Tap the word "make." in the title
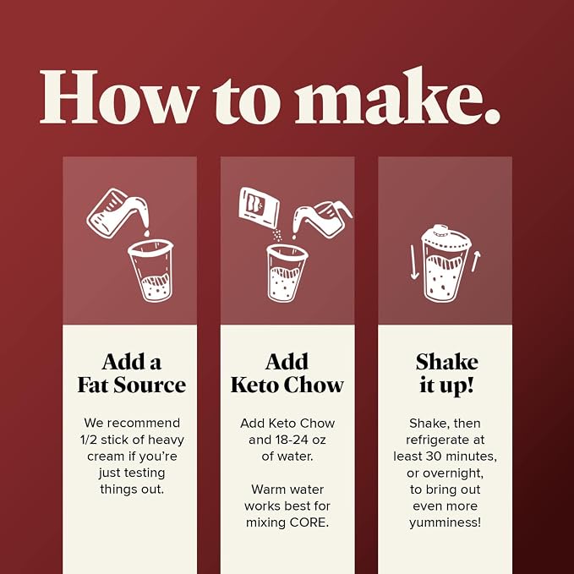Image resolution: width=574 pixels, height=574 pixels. (398, 96)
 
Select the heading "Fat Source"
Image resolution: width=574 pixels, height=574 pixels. (131, 385)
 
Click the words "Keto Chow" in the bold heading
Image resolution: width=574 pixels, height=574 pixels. (287, 385)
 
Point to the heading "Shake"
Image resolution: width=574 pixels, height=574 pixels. (446, 362)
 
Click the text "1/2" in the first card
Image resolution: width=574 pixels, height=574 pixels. (89, 440)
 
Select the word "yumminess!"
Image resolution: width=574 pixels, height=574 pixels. (446, 523)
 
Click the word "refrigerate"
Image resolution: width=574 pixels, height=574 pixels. (434, 440)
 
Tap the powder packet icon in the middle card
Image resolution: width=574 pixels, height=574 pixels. (259, 207)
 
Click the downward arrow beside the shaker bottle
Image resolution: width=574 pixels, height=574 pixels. (413, 262)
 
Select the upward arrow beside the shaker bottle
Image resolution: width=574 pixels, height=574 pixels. (476, 261)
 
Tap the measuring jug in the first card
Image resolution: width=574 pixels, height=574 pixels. (118, 212)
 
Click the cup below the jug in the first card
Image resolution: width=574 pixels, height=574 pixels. (150, 271)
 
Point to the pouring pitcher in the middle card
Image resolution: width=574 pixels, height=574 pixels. (323, 219)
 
